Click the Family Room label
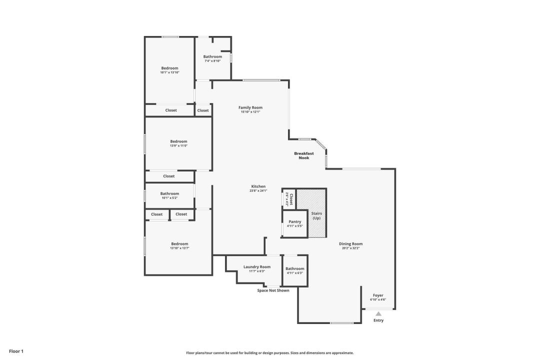pos(250,107)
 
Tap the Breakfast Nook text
pos(304,155)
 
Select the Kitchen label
pos(258,186)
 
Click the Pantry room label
pos(295,221)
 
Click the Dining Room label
pos(350,244)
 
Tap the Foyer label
pos(378,295)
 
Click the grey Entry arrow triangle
pos(378,314)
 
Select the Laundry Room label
pos(257,267)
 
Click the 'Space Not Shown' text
pos(273,290)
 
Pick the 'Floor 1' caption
pos(16,351)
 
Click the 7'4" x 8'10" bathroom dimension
pos(212,61)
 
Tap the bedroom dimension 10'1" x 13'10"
pos(169,72)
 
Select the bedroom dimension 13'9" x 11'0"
pos(178,145)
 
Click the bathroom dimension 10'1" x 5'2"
pos(169,198)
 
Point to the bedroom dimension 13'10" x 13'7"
pos(179,248)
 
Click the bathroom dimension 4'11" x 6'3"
pos(295,273)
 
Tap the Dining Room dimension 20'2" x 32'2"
pos(350,248)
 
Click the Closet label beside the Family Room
pos(203,110)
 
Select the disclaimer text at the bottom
pos(269,353)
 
